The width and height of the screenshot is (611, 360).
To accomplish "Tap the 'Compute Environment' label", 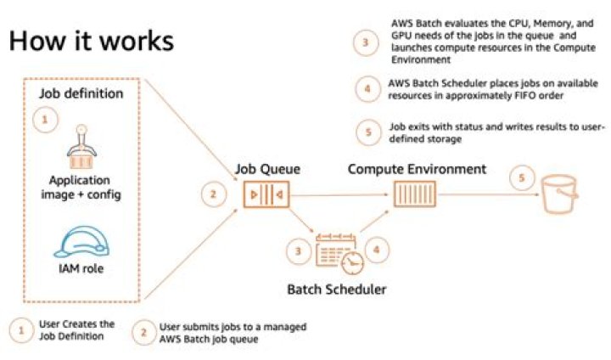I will (x=417, y=169).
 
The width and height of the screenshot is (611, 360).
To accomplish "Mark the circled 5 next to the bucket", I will (x=519, y=179).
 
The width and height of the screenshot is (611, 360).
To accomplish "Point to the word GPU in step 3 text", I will (x=402, y=37).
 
